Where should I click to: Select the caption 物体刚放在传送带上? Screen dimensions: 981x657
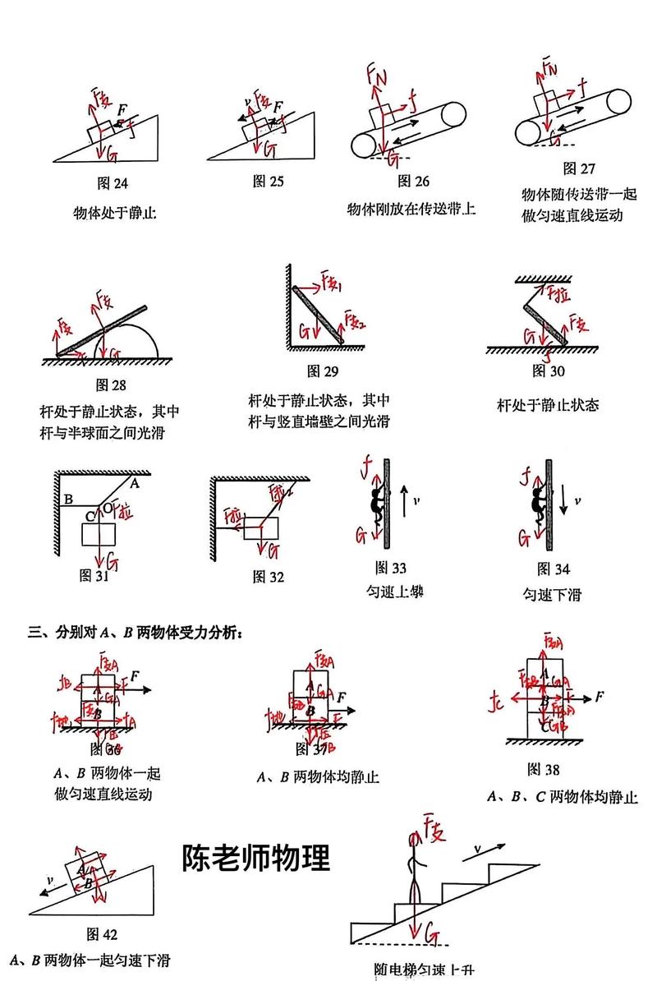coord(411,209)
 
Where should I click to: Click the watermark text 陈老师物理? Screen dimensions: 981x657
coord(256,858)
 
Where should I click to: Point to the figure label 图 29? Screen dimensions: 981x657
coord(323,371)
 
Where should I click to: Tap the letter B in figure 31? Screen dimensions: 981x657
coord(69,498)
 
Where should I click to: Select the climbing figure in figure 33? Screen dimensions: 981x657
coord(376,501)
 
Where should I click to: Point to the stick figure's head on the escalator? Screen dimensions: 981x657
coord(414,839)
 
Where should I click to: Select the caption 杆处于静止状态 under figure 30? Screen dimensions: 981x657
coord(548,405)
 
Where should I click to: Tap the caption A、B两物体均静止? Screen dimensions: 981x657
coord(318,776)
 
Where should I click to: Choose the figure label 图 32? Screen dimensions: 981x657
coord(269,577)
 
